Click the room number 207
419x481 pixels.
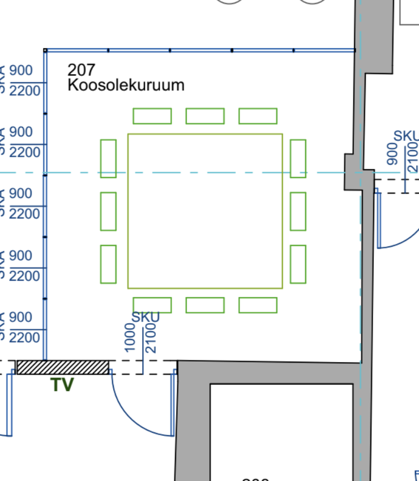click(x=82, y=70)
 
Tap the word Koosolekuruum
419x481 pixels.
click(x=126, y=85)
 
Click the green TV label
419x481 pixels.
click(x=62, y=385)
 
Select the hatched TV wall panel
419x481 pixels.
click(x=62, y=367)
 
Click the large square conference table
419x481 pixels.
click(x=205, y=211)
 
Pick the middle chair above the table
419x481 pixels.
click(x=205, y=116)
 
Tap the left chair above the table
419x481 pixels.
click(x=152, y=116)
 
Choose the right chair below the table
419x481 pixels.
click(x=258, y=305)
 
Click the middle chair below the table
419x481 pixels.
click(x=205, y=305)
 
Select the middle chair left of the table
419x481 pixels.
click(x=108, y=211)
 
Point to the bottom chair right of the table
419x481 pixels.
click(x=298, y=264)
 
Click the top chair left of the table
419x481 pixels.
click(x=108, y=158)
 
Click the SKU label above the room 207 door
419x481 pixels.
click(x=146, y=317)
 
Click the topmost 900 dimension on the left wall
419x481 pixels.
click(x=21, y=71)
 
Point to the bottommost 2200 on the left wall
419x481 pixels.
click(x=25, y=338)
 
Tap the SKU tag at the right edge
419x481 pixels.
click(x=406, y=136)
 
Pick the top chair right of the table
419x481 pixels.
click(x=298, y=158)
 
